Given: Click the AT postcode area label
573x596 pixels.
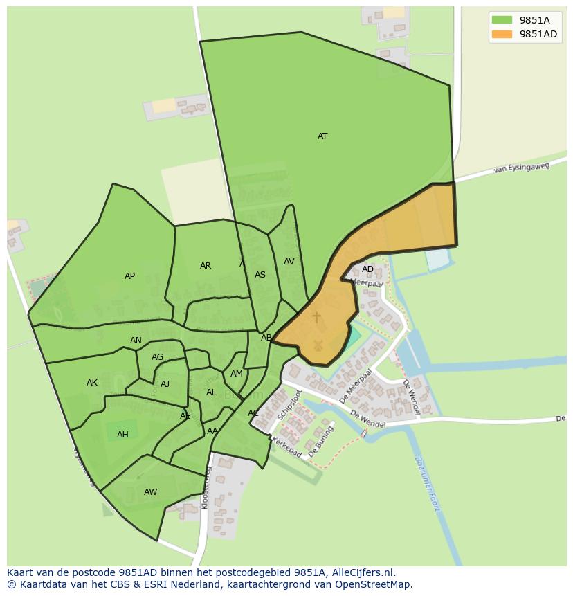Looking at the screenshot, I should tap(322, 136).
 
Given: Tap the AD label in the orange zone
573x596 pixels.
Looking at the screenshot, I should tap(367, 269).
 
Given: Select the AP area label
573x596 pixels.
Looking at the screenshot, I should tap(129, 276).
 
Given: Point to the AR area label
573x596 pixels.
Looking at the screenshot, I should tap(206, 266).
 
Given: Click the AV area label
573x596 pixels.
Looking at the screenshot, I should tap(289, 262).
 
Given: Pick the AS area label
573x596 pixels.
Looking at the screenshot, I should tap(260, 275).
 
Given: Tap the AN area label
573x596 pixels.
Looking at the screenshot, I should tap(136, 341).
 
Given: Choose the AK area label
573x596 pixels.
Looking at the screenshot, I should tap(92, 383).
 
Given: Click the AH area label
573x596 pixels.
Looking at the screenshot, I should tap(122, 435).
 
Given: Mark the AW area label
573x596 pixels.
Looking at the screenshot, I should tap(150, 492).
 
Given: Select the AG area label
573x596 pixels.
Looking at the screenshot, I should tap(158, 357).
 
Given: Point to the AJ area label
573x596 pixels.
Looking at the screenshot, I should tap(165, 384).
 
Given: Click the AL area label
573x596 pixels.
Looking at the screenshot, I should tap(211, 392).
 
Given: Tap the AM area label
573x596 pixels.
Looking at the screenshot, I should tap(237, 374).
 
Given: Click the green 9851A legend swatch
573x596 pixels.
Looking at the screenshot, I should tap(502, 20).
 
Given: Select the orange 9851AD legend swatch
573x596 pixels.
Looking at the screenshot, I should tap(502, 34).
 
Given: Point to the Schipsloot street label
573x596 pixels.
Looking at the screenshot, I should tap(290, 405).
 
